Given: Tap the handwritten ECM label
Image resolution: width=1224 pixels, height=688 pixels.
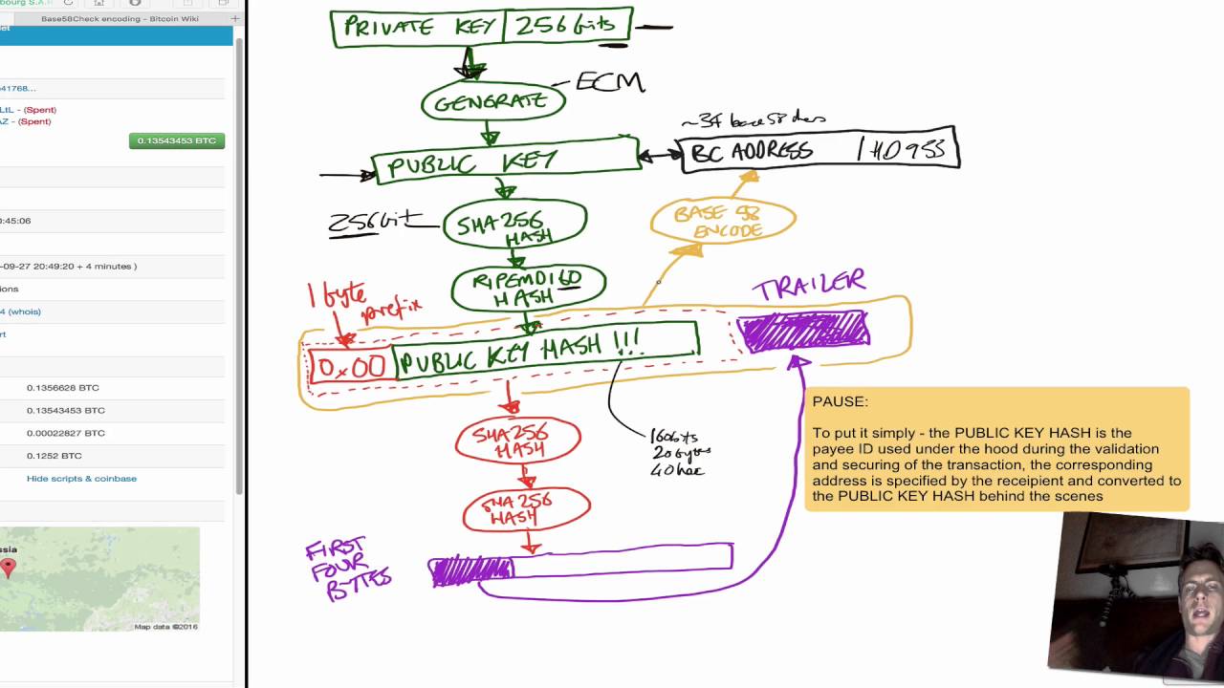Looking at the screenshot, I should (x=609, y=82).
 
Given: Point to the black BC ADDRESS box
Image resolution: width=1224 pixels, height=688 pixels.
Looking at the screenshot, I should (x=819, y=150).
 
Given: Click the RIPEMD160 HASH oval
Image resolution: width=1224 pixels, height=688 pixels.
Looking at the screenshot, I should (x=528, y=288).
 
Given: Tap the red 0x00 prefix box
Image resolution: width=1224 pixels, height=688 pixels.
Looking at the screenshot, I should (x=350, y=366).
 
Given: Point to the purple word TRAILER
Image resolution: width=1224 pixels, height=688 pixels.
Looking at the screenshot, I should (x=808, y=284).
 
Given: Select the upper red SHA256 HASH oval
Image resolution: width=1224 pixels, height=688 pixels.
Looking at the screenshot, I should (x=517, y=441).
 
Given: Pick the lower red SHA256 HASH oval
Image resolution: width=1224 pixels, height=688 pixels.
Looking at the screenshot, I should (x=526, y=510).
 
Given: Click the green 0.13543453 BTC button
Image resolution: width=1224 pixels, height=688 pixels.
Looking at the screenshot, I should (x=177, y=140).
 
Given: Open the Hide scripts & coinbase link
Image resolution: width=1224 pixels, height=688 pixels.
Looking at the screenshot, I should (x=81, y=479).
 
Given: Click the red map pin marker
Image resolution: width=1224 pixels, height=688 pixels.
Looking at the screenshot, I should (x=8, y=569).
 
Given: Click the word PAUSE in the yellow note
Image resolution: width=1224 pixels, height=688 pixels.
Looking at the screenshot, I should (x=840, y=402).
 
